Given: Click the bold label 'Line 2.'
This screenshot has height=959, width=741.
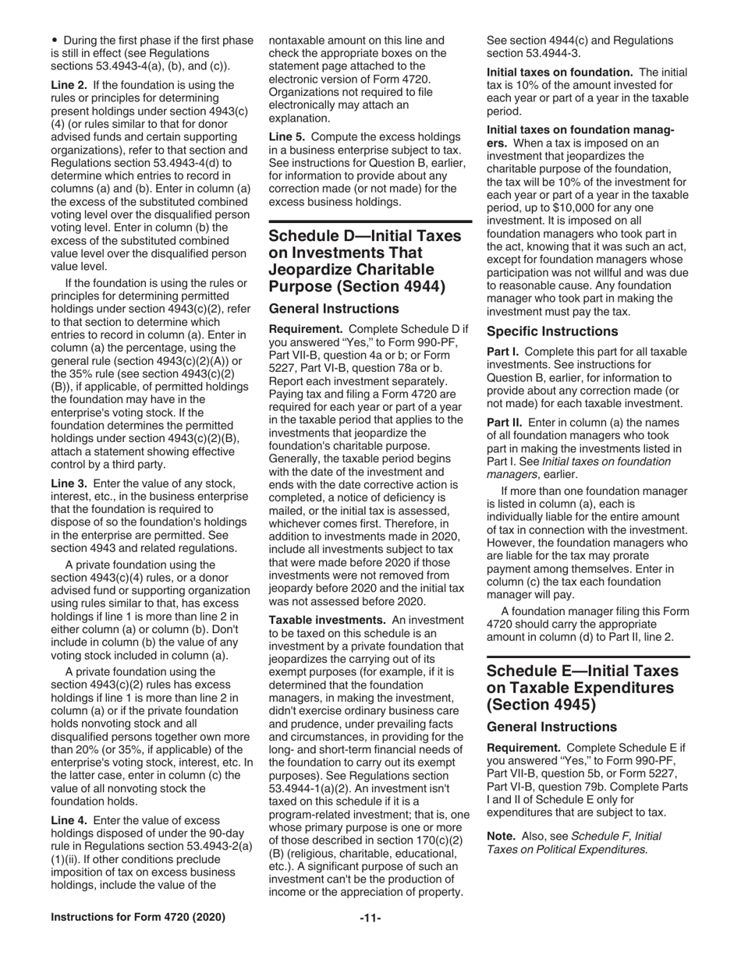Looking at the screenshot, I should (x=69, y=84).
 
